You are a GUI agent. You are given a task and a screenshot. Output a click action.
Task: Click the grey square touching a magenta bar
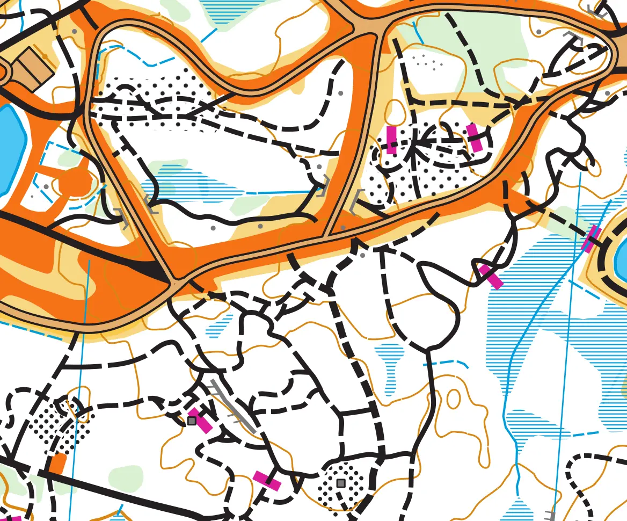click(x=192, y=421)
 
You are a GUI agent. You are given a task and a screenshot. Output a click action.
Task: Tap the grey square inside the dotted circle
click(x=340, y=483)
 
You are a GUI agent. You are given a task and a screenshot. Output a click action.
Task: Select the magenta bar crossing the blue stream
click(x=592, y=239)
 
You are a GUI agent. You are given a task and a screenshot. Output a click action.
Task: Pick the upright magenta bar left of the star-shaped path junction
click(x=391, y=140)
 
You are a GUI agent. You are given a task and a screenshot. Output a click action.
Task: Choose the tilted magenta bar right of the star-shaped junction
click(x=475, y=138)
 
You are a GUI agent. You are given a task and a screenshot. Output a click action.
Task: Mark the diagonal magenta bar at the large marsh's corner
click(x=491, y=276)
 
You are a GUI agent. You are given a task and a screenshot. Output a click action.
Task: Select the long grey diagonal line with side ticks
click(x=234, y=407)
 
